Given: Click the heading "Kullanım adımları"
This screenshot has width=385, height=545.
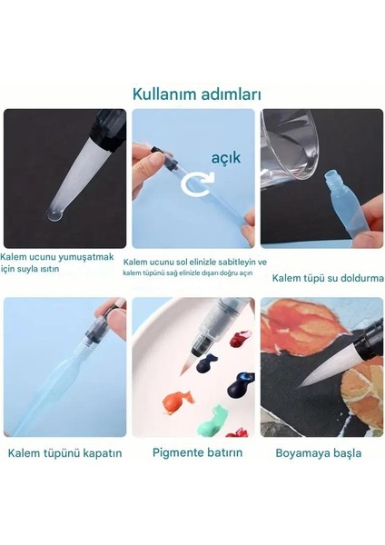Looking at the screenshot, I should [x=192, y=93].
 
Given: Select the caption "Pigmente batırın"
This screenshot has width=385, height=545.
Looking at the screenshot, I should [x=192, y=451].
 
